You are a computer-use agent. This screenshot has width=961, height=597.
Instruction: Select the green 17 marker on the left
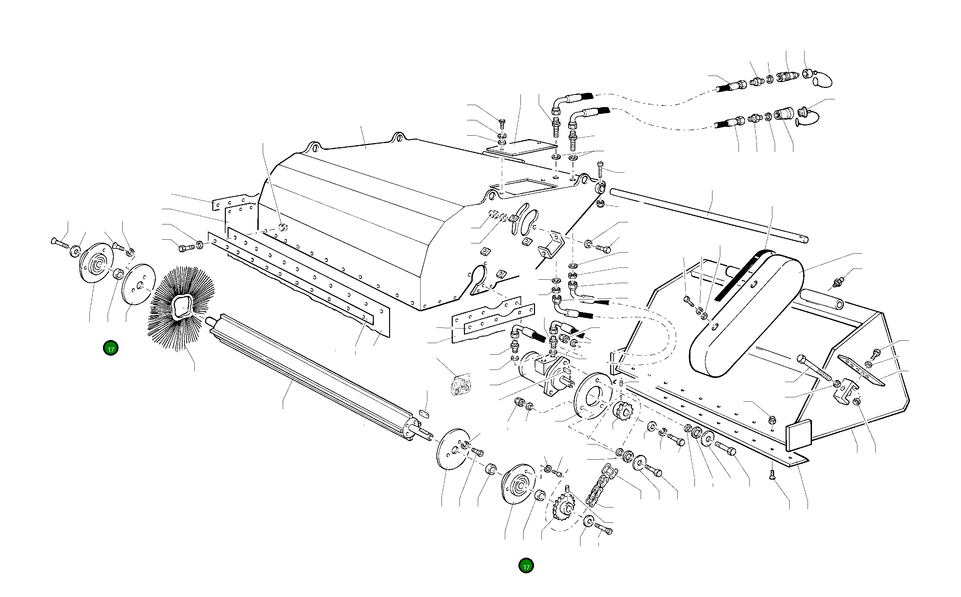pos(111,349)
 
